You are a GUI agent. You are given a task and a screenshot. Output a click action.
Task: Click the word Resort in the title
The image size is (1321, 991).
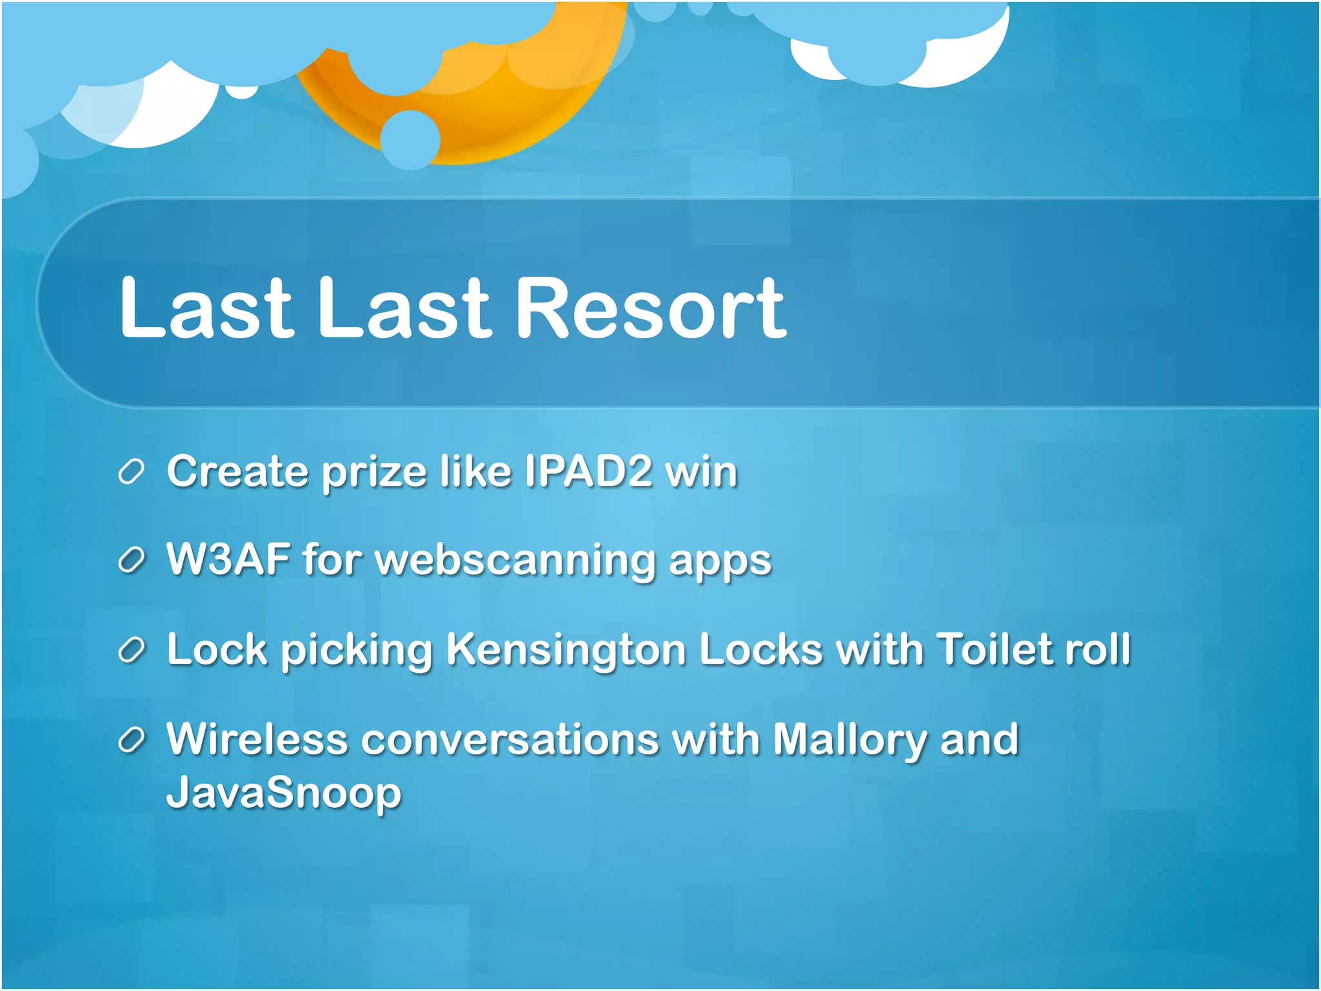tap(651, 308)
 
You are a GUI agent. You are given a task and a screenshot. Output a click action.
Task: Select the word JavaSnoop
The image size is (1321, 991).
tap(284, 792)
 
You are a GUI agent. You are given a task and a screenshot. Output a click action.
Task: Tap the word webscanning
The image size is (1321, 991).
tap(515, 560)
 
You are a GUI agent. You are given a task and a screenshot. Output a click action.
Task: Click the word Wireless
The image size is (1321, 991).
tap(257, 739)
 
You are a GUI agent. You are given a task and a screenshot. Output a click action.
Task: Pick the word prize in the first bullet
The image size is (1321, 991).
tap(374, 472)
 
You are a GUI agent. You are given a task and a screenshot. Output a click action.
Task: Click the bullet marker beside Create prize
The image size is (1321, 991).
tap(132, 472)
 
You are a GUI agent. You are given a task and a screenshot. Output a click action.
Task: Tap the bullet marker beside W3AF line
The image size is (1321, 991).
tap(132, 561)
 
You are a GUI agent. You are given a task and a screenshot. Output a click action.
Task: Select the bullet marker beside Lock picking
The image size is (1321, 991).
tap(132, 650)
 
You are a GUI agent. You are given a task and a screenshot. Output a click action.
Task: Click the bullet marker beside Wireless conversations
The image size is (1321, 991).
tap(132, 741)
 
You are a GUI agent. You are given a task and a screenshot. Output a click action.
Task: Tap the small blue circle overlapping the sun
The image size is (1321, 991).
tap(410, 140)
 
